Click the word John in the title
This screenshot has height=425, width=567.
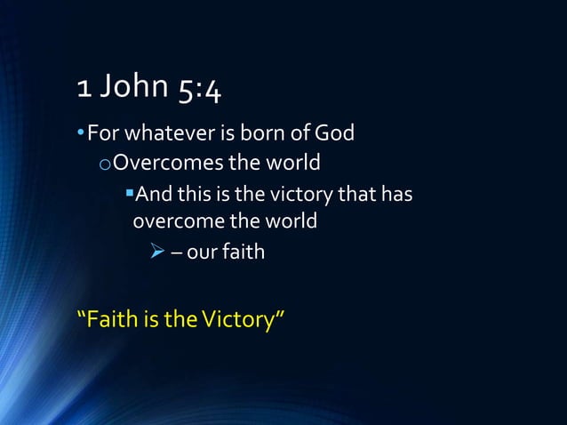pyautogui.click(x=135, y=86)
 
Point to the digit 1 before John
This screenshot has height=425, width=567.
pyautogui.click(x=84, y=86)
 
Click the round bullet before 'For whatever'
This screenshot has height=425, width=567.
pyautogui.click(x=81, y=134)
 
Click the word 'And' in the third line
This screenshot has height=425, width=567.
pyautogui.click(x=151, y=193)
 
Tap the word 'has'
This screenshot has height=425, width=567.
pyautogui.click(x=396, y=193)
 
